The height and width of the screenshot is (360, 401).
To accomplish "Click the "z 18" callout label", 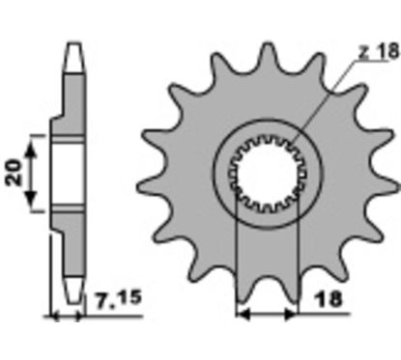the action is pyautogui.click(x=379, y=51).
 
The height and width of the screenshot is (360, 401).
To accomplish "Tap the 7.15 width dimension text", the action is pyautogui.click(x=119, y=299).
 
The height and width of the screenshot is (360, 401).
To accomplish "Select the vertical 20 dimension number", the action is pyautogui.click(x=14, y=173).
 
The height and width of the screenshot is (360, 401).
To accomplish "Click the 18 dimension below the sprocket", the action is pyautogui.click(x=329, y=299).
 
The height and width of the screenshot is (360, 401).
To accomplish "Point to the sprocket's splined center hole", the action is pyautogui.click(x=267, y=174).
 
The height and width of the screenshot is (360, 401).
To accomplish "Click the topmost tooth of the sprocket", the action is pyautogui.click(x=267, y=58).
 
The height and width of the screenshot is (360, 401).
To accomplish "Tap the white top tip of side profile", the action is pyautogui.click(x=73, y=57).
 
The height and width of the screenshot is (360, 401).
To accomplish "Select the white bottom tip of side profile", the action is pyautogui.click(x=73, y=290).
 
